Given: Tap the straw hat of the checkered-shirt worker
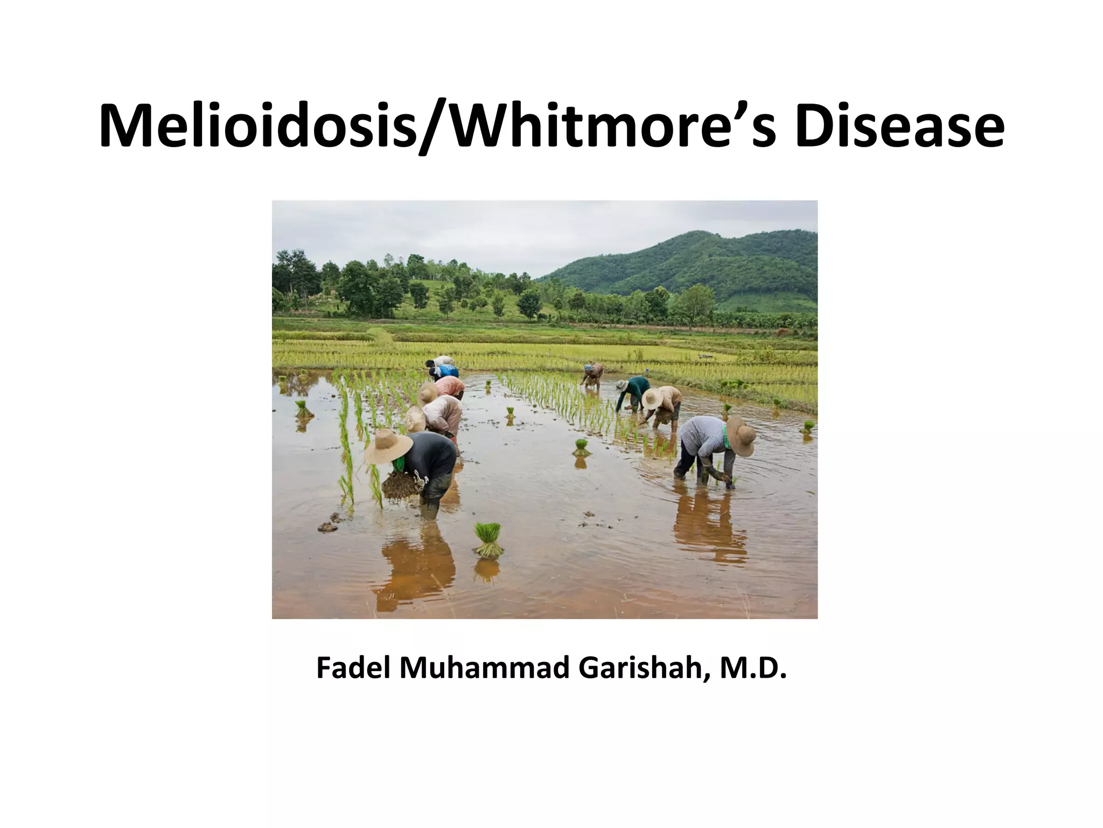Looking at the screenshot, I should tap(741, 434).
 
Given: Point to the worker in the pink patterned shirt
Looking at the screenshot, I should tap(450, 386).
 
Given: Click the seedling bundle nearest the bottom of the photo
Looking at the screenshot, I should tap(488, 540).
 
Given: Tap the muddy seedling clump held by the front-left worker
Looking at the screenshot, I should tap(402, 485).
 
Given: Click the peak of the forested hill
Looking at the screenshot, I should tap(695, 233).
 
